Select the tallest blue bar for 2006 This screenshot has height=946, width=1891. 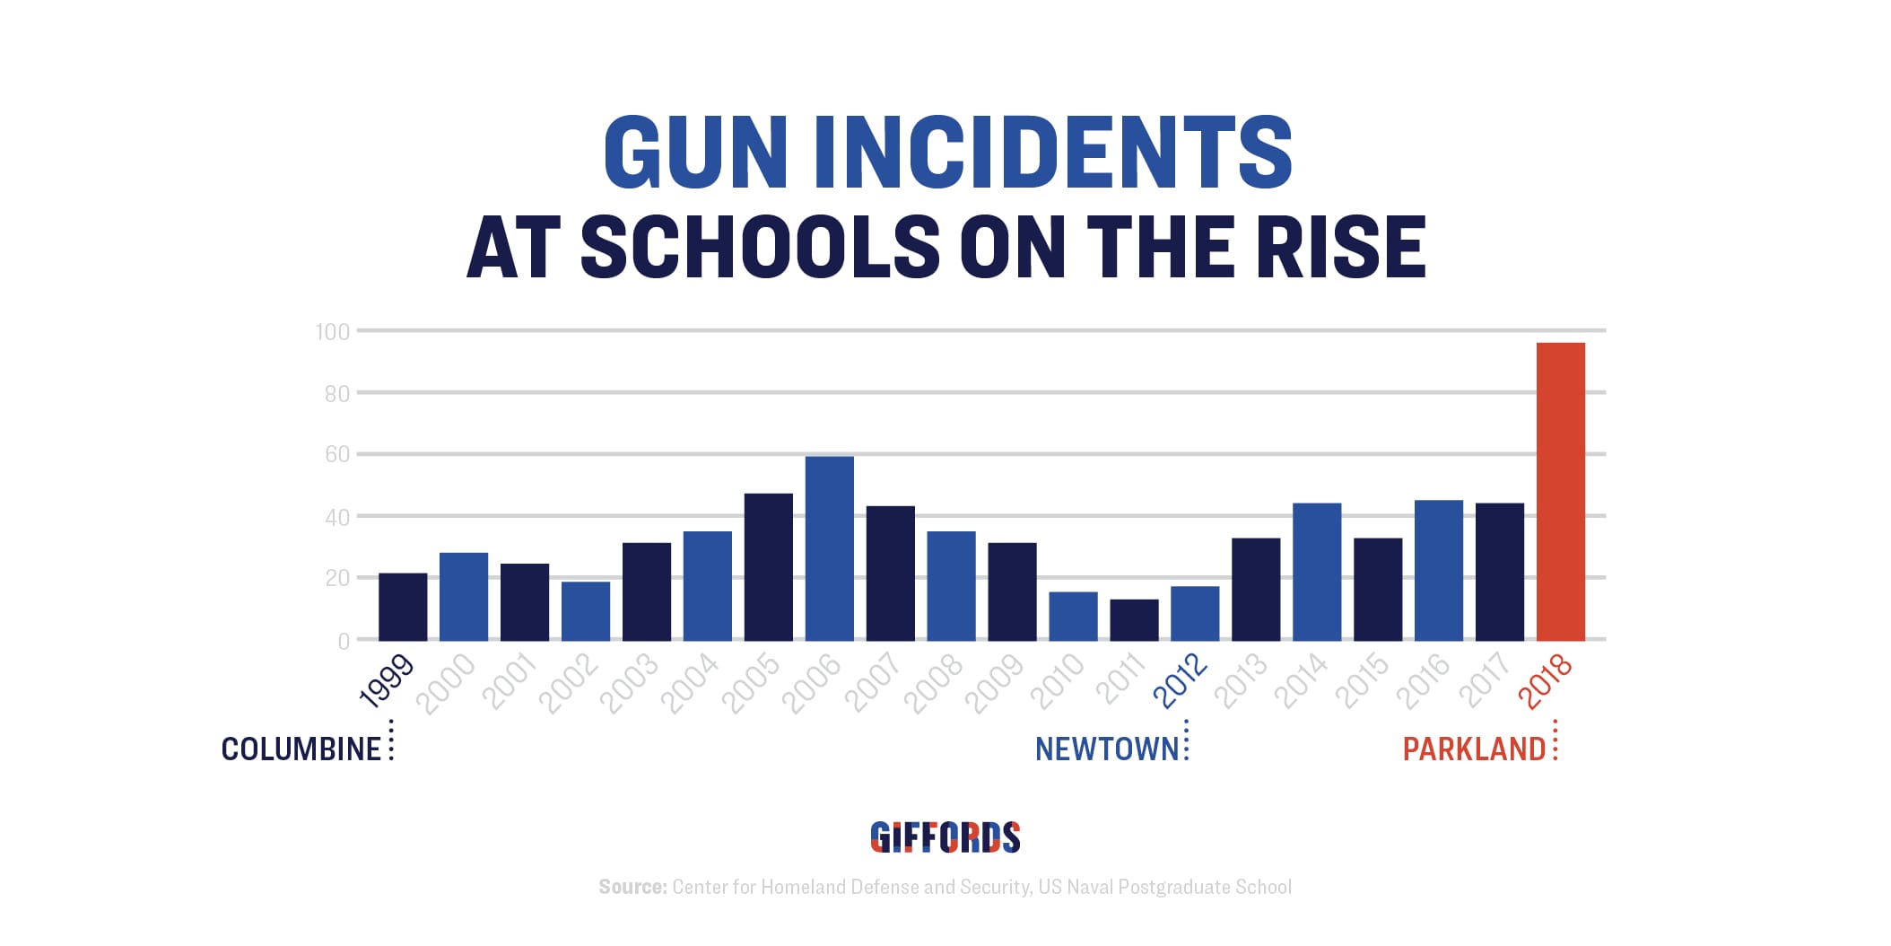[x=829, y=548]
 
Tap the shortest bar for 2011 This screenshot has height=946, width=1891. [x=1134, y=619]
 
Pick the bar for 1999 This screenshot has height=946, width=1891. [x=403, y=607]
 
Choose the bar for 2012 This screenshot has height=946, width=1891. [x=1195, y=613]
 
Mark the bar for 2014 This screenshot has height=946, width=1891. [x=1317, y=572]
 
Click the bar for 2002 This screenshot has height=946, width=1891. [x=586, y=611]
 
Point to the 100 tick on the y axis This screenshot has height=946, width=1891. [x=333, y=332]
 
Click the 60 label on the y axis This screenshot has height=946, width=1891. [x=337, y=455]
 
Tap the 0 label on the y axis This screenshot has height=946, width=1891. [x=344, y=642]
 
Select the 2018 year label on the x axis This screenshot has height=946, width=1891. [x=1546, y=681]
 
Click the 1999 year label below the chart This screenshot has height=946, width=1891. [x=387, y=681]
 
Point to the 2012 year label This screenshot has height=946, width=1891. [x=1181, y=681]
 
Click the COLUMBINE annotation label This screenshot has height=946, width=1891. [x=301, y=749]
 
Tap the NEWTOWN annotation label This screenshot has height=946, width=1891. [x=1107, y=749]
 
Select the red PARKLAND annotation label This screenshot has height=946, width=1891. [x=1474, y=749]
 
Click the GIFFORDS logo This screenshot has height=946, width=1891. [x=945, y=837]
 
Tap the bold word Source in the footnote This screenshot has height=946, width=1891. [x=632, y=888]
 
